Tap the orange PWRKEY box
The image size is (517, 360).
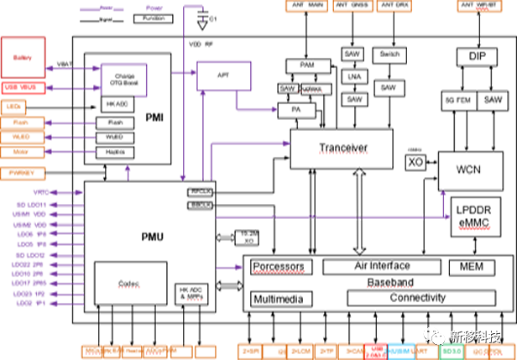(x=22, y=173)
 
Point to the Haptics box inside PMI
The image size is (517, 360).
(x=115, y=151)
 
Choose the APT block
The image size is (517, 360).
(x=224, y=76)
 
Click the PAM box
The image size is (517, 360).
(x=300, y=65)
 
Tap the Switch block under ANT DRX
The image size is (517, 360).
(x=389, y=54)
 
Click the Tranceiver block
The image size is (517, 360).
(x=342, y=149)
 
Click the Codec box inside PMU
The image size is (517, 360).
(x=129, y=283)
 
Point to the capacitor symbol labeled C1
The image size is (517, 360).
(x=200, y=17)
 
